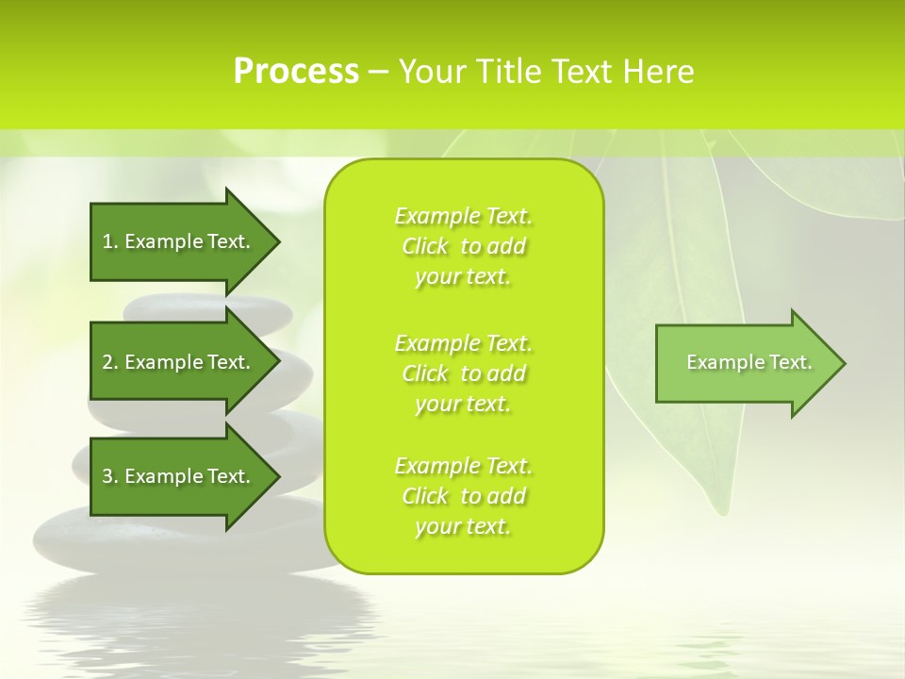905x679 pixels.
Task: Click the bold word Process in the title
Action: pos(296,72)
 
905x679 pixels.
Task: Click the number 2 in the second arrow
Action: pos(107,362)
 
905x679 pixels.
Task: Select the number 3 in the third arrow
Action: pos(107,476)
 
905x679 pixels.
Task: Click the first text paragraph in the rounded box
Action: pos(463,246)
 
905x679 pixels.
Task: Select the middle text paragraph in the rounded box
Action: pos(463,373)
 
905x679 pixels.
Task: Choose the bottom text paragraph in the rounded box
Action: pos(463,496)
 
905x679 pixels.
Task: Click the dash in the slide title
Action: pos(378,72)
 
